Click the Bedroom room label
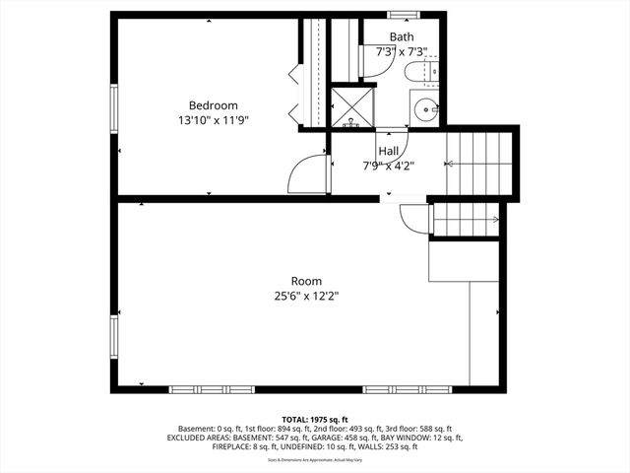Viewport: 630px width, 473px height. [214, 105]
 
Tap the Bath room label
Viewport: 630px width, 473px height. [401, 36]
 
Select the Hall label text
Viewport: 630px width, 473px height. [388, 151]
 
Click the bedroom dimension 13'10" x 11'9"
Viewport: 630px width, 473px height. [214, 120]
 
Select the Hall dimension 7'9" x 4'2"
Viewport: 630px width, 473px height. [388, 166]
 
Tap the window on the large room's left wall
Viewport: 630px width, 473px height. [114, 336]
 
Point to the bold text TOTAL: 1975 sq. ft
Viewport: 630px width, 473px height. [315, 419]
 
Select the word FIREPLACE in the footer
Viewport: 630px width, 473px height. [233, 446]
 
